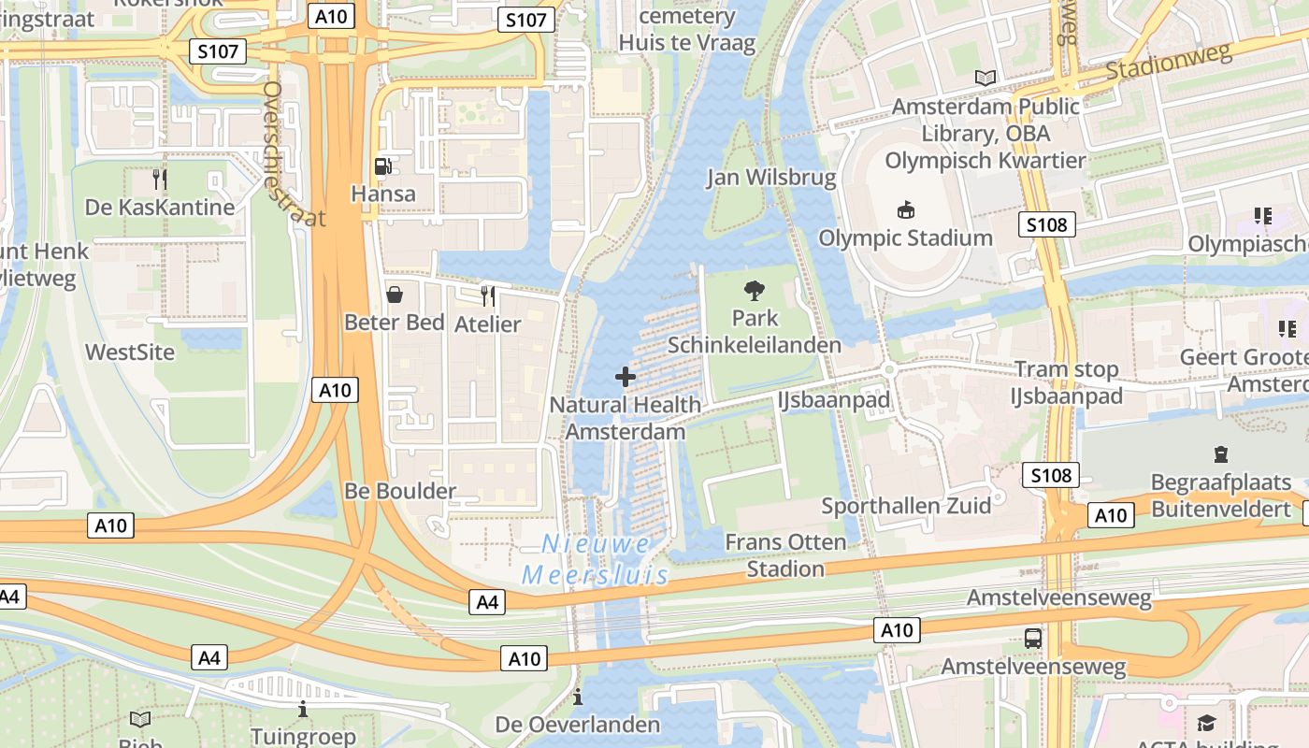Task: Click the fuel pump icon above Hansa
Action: click(382, 166)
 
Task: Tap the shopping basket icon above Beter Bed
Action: click(395, 295)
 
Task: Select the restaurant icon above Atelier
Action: click(487, 296)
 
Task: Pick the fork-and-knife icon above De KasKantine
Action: click(160, 179)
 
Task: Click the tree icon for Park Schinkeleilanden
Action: click(754, 291)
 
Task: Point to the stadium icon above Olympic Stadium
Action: click(905, 209)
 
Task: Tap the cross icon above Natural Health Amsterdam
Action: click(626, 377)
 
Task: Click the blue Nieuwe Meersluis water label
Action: click(596, 559)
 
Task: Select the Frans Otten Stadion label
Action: click(785, 555)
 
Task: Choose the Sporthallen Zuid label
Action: click(905, 507)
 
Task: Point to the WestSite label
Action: click(130, 352)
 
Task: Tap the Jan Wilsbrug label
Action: click(771, 178)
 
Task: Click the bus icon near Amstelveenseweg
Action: click(1033, 639)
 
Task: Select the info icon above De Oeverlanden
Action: click(578, 697)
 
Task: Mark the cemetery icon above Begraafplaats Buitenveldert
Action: click(1220, 454)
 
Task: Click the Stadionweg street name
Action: click(1169, 63)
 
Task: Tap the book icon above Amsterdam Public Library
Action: click(985, 78)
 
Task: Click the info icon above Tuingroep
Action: click(303, 710)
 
